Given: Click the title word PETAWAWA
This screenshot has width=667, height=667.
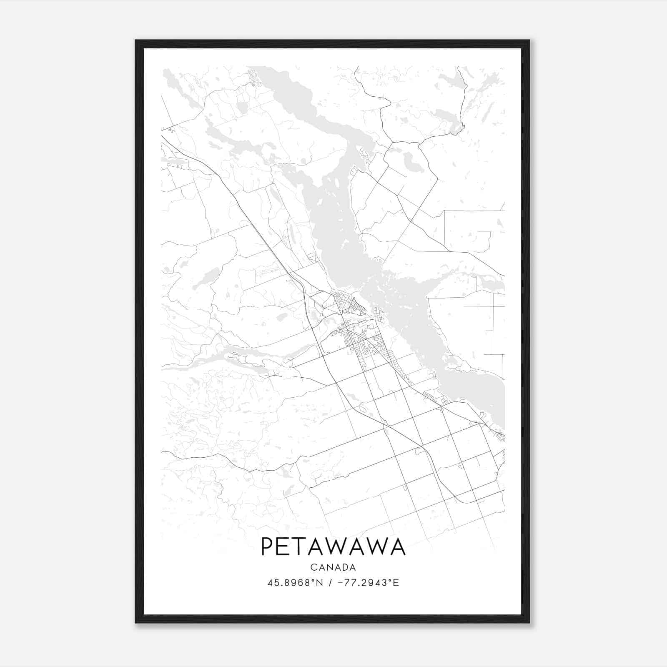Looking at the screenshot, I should [x=333, y=547].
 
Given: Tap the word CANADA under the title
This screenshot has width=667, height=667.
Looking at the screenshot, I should [x=333, y=567].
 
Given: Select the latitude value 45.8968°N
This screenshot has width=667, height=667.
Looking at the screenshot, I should [x=296, y=583].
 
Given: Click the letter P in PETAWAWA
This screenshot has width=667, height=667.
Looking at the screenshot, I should [x=267, y=547].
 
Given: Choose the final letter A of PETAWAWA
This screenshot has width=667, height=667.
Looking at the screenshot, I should [x=397, y=547].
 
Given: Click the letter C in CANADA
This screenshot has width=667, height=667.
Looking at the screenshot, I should [x=313, y=567].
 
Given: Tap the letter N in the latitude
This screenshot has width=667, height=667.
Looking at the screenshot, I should [x=320, y=583].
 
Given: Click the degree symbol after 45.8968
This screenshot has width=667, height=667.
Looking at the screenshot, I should [x=315, y=580].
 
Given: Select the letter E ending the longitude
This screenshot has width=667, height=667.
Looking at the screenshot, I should [x=396, y=583].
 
